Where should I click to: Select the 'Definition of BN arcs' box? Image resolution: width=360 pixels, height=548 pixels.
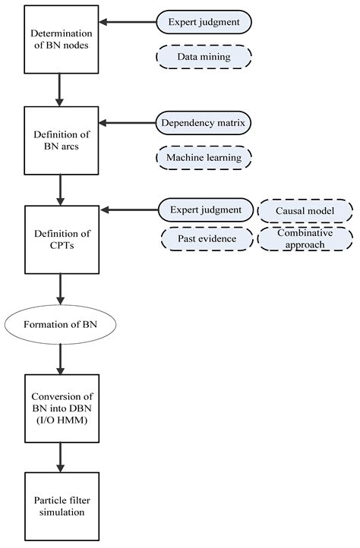[x=62, y=140]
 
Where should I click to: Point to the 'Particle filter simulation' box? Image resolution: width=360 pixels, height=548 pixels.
[x=62, y=506]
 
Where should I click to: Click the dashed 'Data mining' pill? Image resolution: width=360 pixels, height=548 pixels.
[x=204, y=56]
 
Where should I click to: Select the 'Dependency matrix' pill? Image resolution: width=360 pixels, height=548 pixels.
[x=204, y=121]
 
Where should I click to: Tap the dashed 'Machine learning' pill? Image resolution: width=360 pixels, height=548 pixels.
[x=204, y=157]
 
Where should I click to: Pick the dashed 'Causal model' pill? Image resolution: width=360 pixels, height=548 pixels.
[x=305, y=209]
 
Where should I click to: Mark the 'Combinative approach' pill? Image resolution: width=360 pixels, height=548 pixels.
[x=305, y=239]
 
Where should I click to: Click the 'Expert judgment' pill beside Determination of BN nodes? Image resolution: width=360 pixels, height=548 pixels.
[x=204, y=22]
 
